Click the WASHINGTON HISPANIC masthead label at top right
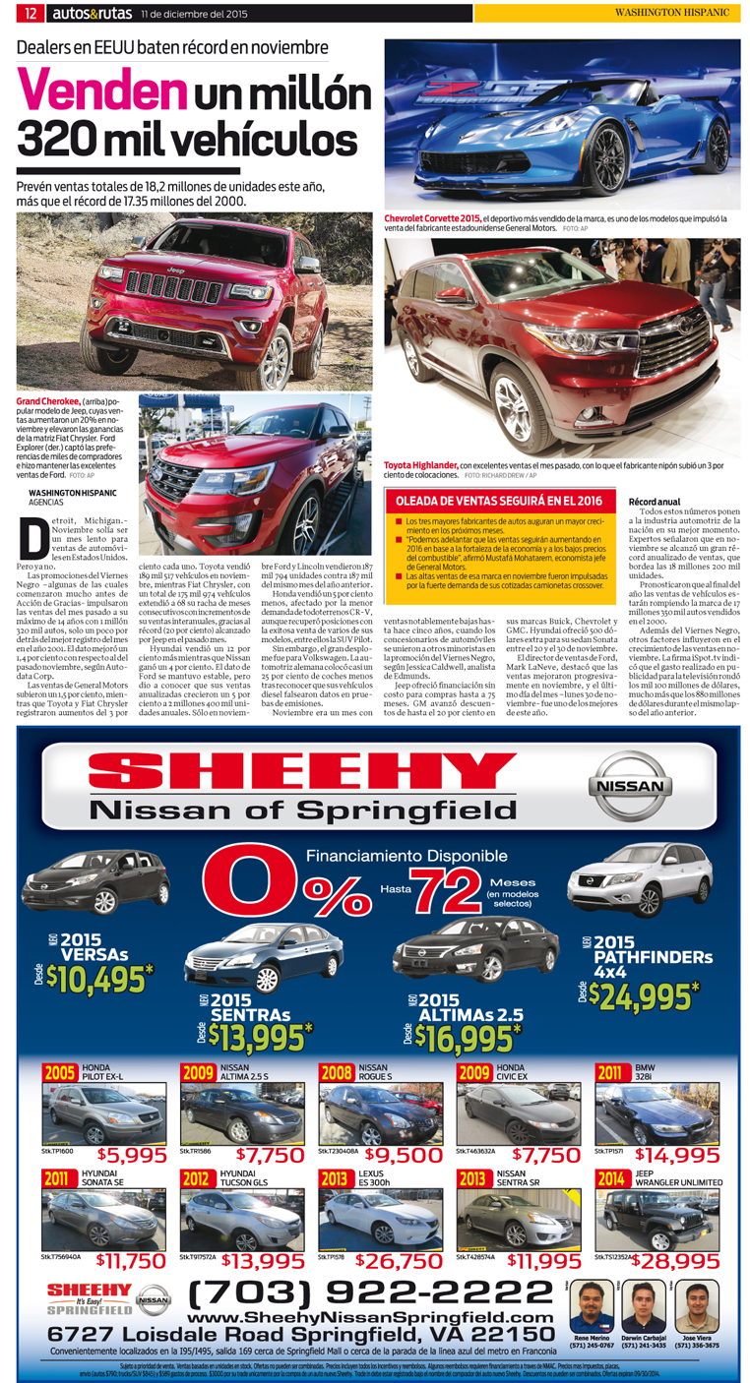tap(671, 13)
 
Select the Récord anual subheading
tap(655, 502)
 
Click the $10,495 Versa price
tap(99, 979)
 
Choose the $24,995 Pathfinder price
tap(645, 995)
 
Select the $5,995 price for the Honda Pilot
tap(132, 1156)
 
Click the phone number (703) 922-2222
tap(356, 1291)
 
